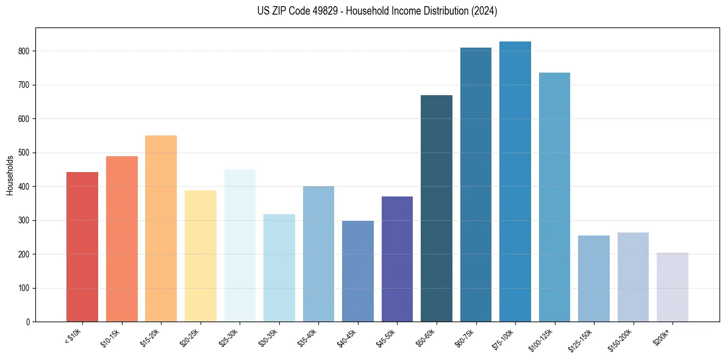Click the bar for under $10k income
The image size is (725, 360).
pyautogui.click(x=82, y=247)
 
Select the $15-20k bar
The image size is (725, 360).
pyautogui.click(x=161, y=228)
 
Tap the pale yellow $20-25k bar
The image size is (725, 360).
pyautogui.click(x=201, y=256)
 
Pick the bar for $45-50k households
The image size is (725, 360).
pyautogui.click(x=397, y=259)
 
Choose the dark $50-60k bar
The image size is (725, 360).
pyautogui.click(x=437, y=208)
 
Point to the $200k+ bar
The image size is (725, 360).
pyautogui.click(x=673, y=287)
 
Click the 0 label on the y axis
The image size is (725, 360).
pyautogui.click(x=28, y=322)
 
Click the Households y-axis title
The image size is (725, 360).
pyautogui.click(x=10, y=175)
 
